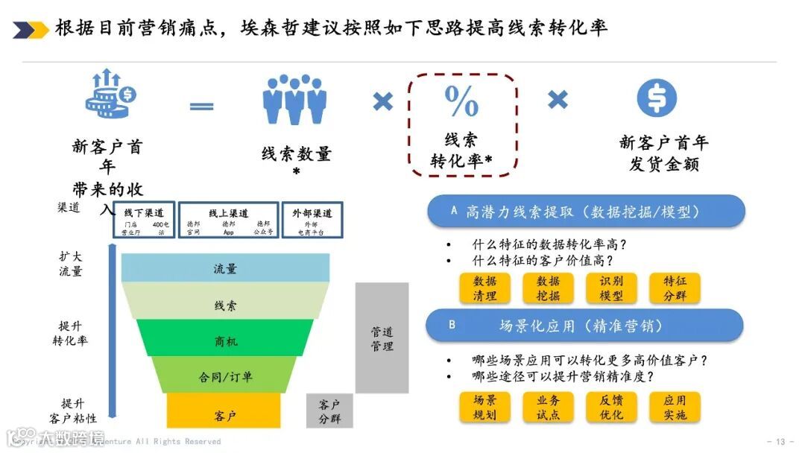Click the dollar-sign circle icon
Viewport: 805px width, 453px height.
tap(657, 98)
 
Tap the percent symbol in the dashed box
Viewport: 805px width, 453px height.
tap(461, 101)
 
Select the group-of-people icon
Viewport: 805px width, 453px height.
tap(294, 99)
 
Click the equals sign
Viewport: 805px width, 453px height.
tap(201, 106)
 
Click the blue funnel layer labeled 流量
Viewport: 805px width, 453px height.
tap(225, 268)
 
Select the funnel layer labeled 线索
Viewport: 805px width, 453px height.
tap(225, 305)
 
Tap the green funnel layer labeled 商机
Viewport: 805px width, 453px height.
tap(225, 341)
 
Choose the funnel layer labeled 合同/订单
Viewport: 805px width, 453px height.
tap(225, 377)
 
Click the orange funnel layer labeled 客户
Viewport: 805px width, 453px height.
tap(224, 414)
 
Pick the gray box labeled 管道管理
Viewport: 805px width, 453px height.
tap(382, 338)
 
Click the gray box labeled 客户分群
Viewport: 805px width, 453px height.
tap(329, 411)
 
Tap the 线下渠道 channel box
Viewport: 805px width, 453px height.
tap(145, 220)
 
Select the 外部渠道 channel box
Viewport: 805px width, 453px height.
tap(312, 220)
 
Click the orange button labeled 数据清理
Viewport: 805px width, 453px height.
tap(484, 288)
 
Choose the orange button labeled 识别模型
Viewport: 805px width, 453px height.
tap(611, 288)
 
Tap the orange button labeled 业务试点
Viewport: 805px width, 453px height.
tap(548, 407)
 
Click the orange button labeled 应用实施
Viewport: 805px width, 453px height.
tap(675, 407)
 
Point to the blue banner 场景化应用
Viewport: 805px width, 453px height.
tap(584, 326)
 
